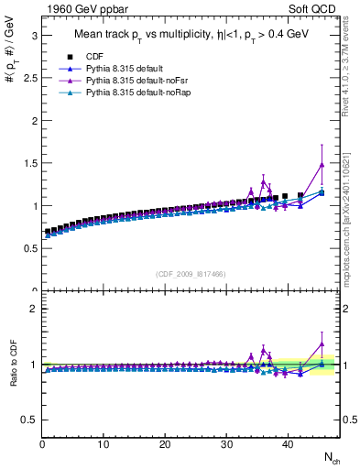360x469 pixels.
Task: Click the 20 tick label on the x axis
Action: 165,444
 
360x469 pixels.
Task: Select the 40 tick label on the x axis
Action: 288,444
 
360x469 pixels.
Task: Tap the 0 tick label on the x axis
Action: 42,444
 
